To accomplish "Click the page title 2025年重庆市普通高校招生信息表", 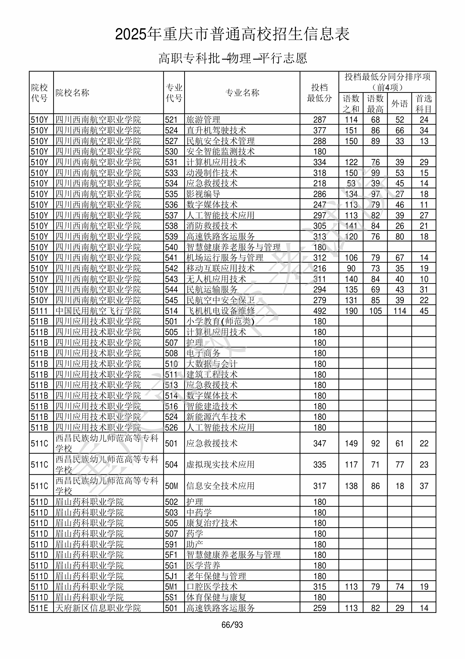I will [x=232, y=34].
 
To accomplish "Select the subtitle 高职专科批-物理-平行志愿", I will [x=232, y=58].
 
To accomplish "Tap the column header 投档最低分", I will [x=319, y=93].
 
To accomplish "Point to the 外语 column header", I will [x=400, y=104].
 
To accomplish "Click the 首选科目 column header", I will [x=424, y=104].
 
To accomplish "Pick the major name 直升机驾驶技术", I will [x=216, y=130].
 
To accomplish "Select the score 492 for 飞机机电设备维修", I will [x=320, y=311].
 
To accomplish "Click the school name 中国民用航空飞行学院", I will [x=98, y=311].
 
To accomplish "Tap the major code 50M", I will [x=171, y=486].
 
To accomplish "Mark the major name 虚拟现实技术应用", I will [x=220, y=465].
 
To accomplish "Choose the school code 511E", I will [x=39, y=608].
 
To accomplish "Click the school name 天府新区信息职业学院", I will [x=98, y=608].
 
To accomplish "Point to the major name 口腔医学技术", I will [x=212, y=587].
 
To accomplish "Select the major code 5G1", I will [x=171, y=565].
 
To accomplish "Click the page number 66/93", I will [x=232, y=625].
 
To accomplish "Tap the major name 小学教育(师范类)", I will [x=220, y=321].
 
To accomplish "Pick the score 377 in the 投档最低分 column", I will [x=320, y=130].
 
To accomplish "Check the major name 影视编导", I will [x=203, y=194].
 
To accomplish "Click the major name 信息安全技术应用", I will [x=220, y=486].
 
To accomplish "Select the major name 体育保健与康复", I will [x=216, y=597].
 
